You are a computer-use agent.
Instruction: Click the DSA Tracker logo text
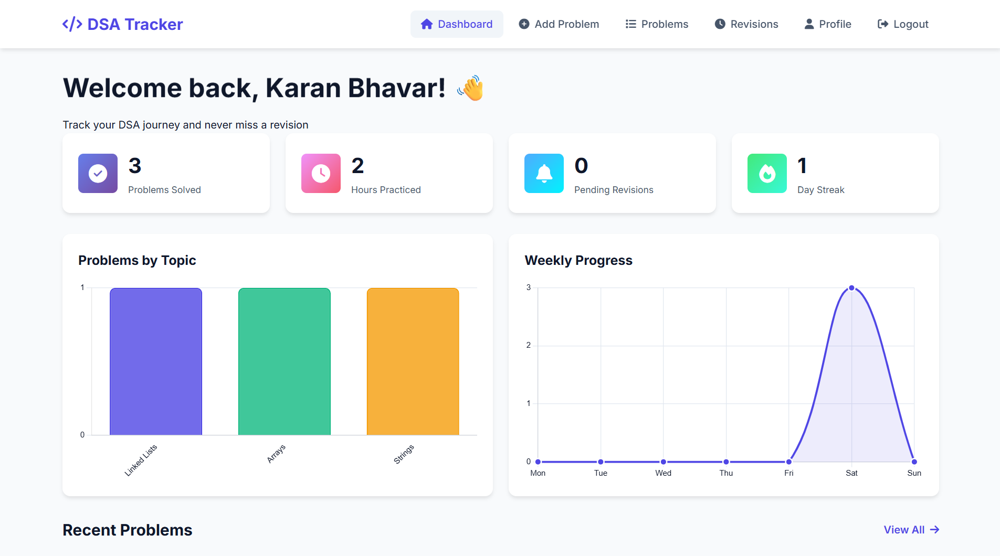[x=134, y=24]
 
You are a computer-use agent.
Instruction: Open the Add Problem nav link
[x=559, y=24]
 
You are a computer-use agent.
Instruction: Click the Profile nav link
[x=828, y=24]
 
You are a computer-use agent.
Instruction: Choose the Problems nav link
[x=657, y=24]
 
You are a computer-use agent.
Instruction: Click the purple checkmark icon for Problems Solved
[x=98, y=173]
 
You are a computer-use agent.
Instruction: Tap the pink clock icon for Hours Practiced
[x=321, y=173]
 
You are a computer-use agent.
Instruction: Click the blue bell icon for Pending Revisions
[x=544, y=173]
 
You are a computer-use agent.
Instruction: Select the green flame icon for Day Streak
[x=767, y=173]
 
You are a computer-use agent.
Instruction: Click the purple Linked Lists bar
[x=156, y=361]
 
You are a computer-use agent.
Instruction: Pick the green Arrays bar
[x=285, y=361]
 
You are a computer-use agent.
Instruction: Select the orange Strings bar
[x=413, y=361]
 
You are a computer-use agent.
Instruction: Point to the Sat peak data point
[x=851, y=288]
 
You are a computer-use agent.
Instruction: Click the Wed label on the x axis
[x=663, y=473]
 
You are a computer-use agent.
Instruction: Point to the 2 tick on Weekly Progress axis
[x=529, y=345]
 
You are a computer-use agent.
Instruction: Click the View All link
[x=911, y=530]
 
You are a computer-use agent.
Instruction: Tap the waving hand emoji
[x=471, y=88]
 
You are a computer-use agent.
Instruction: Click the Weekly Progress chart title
[x=578, y=260]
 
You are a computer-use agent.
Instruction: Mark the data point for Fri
[x=789, y=462]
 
